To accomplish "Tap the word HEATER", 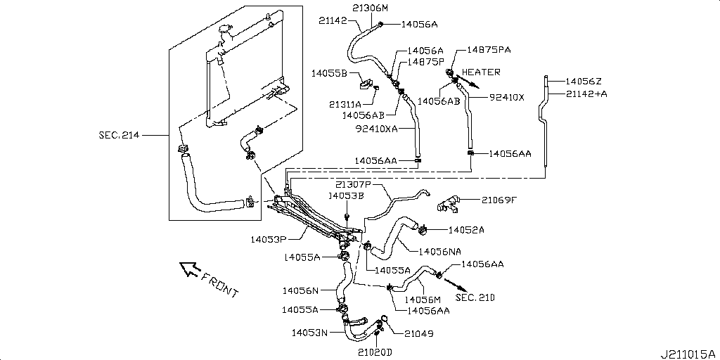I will coord(481,72).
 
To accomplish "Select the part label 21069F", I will coord(499,200).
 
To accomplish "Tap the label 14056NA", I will coord(439,251).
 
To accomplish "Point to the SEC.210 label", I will coord(475,297).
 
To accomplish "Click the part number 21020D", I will coord(374,352).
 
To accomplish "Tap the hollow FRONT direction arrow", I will coord(188,269).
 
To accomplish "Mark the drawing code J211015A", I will coord(687,352).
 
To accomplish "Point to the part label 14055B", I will coord(328,72).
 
